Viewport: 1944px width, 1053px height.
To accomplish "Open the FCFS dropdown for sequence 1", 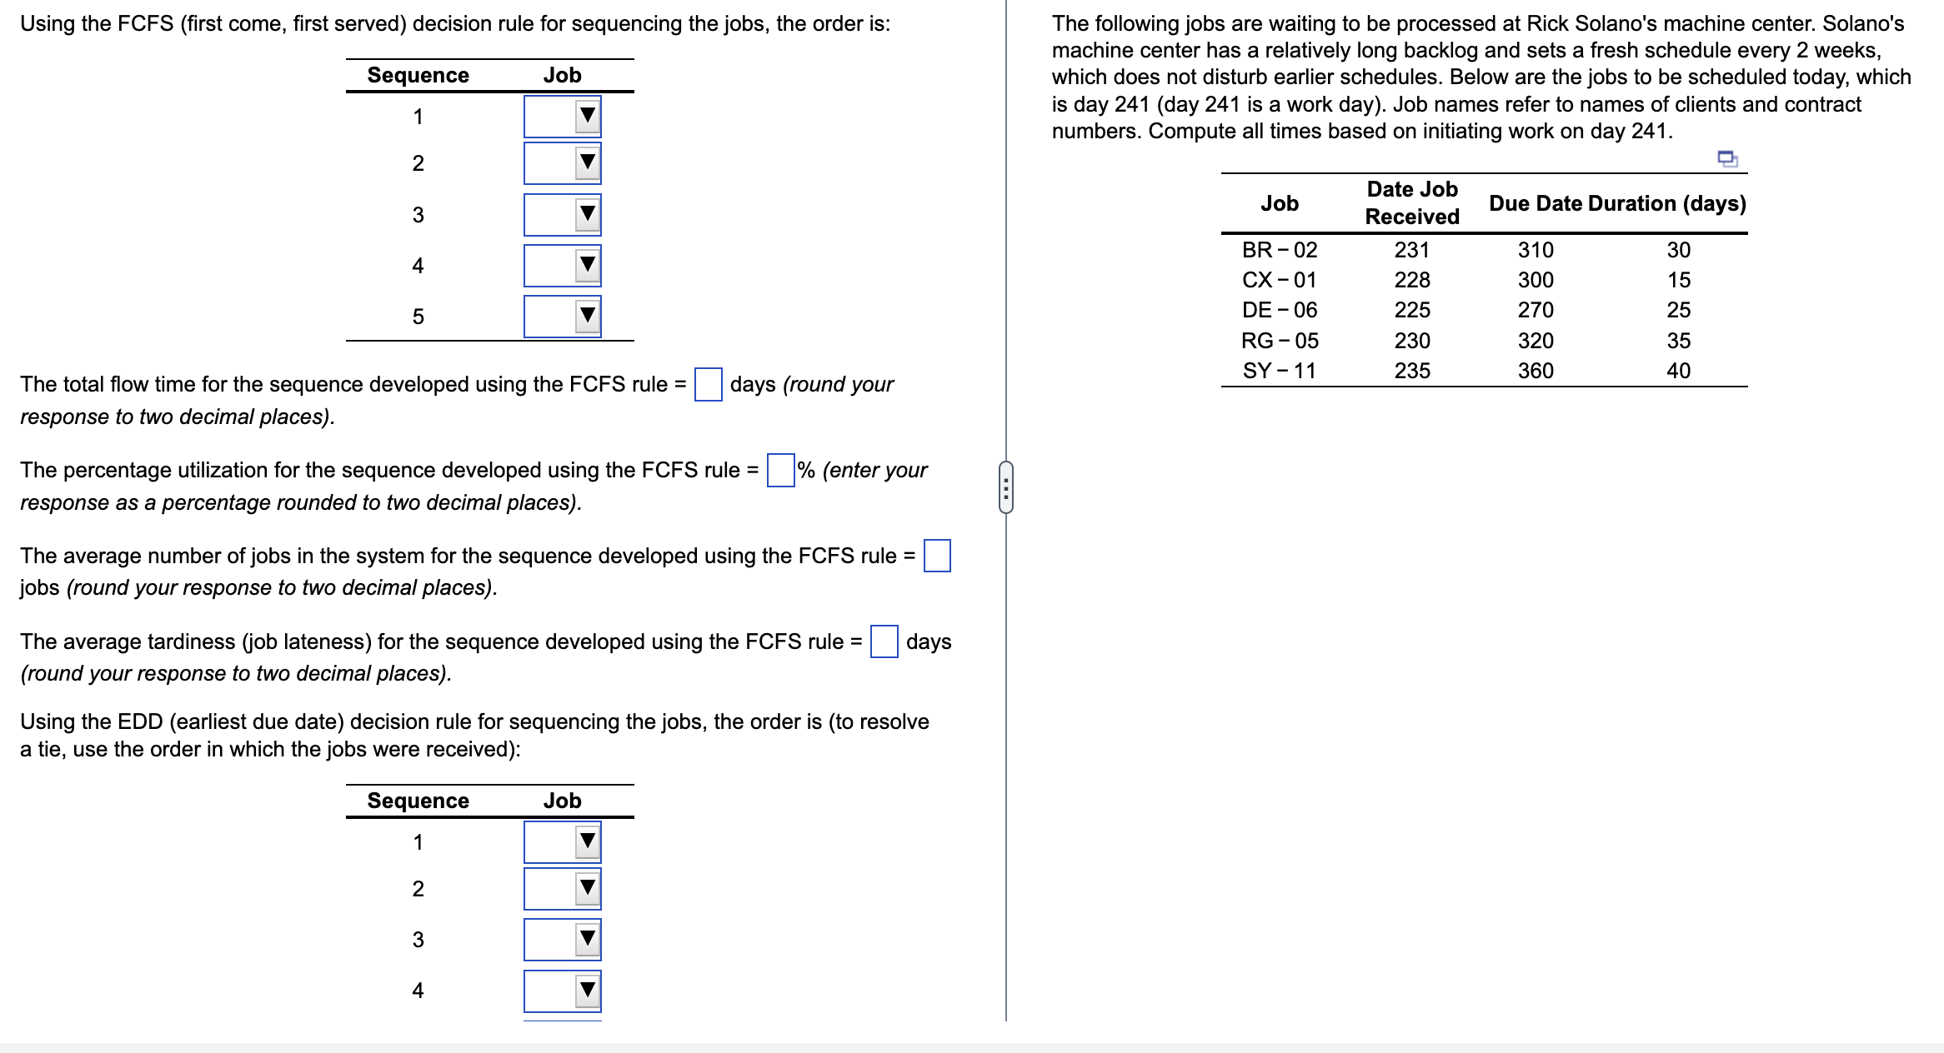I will tap(563, 117).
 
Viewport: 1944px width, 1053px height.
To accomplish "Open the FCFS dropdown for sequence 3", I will tap(563, 215).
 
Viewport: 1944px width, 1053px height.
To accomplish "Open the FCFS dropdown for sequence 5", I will tap(563, 317).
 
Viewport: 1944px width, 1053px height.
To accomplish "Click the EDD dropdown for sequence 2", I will tap(563, 889).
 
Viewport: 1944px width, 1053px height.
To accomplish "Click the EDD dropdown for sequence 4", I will tap(563, 991).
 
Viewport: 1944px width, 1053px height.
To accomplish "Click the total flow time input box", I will tap(708, 385).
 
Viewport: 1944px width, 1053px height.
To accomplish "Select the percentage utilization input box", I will tap(780, 471).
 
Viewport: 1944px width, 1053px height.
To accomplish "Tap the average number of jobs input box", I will tap(937, 556).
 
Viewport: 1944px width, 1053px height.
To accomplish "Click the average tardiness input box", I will tap(884, 641).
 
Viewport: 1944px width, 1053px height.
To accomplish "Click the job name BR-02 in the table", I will tap(1279, 250).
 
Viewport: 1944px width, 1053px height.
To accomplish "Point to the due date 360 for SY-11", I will tap(1535, 371).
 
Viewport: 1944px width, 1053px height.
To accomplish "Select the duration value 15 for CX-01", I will tap(1678, 280).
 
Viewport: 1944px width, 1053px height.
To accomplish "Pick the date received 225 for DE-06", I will tap(1412, 310).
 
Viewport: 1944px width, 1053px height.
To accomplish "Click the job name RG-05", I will tap(1279, 341).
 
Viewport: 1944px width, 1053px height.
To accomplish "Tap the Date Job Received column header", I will tap(1412, 203).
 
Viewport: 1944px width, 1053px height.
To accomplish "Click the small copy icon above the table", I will tap(1727, 158).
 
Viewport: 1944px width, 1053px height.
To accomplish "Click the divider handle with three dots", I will tap(1006, 487).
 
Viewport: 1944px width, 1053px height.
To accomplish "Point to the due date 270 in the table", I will tap(1535, 310).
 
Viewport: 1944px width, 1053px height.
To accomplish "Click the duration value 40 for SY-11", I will tap(1678, 371).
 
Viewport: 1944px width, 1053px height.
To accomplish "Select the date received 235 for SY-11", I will tap(1412, 371).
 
